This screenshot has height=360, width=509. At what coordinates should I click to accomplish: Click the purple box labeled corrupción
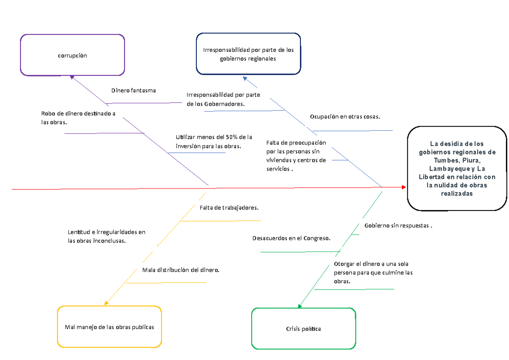(x=73, y=56)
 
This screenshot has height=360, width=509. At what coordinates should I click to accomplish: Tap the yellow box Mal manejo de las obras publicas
(x=109, y=327)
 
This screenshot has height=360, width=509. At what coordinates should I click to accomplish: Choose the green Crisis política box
(x=303, y=329)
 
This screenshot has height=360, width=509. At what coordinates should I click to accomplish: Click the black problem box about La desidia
(x=457, y=169)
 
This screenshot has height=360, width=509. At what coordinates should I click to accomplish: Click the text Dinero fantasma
(x=134, y=90)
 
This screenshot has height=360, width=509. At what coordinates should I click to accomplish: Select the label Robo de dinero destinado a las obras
(x=78, y=118)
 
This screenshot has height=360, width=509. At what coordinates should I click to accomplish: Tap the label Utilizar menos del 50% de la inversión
(x=214, y=142)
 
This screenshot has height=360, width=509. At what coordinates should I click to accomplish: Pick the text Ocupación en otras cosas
(x=345, y=116)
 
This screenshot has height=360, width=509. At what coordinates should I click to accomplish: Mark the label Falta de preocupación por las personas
(x=296, y=156)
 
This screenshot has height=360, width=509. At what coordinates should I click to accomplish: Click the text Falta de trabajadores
(x=229, y=208)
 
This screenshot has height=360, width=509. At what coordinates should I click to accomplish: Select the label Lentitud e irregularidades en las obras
(x=106, y=236)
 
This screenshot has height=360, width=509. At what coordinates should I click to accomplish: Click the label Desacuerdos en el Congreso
(x=291, y=239)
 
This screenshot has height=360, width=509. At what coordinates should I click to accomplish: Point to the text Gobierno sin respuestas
(x=398, y=225)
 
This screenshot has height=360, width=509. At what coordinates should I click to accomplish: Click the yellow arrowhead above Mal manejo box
(x=106, y=303)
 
